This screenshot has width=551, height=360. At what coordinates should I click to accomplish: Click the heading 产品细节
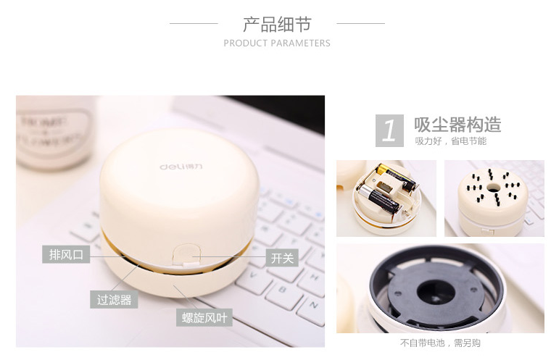pos(277,24)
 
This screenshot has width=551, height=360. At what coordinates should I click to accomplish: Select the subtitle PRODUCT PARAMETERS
pos(277,43)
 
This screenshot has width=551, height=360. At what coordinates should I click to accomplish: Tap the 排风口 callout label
pos(66,254)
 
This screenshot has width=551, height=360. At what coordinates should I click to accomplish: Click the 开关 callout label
pos(281,257)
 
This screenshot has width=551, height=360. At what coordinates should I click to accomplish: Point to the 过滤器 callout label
pos(114,299)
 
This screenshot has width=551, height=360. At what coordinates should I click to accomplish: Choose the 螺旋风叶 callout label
pos(204,317)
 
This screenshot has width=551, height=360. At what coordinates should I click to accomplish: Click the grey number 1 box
pos(389,130)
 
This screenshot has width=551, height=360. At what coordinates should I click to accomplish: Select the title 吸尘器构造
pos(457,124)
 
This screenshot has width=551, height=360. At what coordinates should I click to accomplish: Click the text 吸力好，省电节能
pos(450,141)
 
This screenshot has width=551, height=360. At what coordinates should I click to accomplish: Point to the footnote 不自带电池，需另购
pos(440,343)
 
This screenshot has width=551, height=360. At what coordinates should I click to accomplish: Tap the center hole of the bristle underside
pos(494,187)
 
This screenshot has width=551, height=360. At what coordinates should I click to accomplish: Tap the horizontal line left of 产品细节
pos(193,23)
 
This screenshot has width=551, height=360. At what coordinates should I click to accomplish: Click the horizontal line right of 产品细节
pos(360,23)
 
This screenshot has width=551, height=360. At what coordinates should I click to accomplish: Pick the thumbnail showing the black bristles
pos(494,198)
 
